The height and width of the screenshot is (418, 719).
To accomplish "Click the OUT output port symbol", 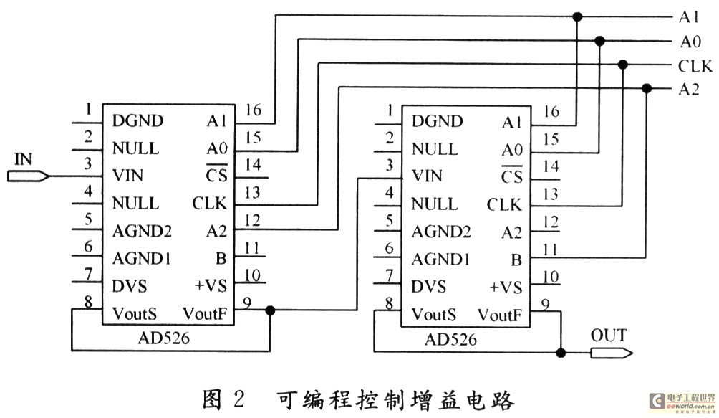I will (x=611, y=352).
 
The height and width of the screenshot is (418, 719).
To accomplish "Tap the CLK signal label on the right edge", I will (x=695, y=66).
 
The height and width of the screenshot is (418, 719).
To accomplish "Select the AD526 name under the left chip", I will (x=166, y=338).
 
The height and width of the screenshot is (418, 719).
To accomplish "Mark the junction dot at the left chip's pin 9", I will (x=270, y=310).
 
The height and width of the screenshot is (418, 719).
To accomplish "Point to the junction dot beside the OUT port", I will (x=562, y=352).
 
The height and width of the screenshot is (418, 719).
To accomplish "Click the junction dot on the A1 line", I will (x=576, y=16).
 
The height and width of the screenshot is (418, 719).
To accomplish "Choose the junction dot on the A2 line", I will (x=647, y=88).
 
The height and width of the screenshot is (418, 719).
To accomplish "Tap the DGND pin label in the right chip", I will (x=436, y=121).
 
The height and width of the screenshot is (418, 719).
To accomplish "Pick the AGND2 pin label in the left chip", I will (x=142, y=231).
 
